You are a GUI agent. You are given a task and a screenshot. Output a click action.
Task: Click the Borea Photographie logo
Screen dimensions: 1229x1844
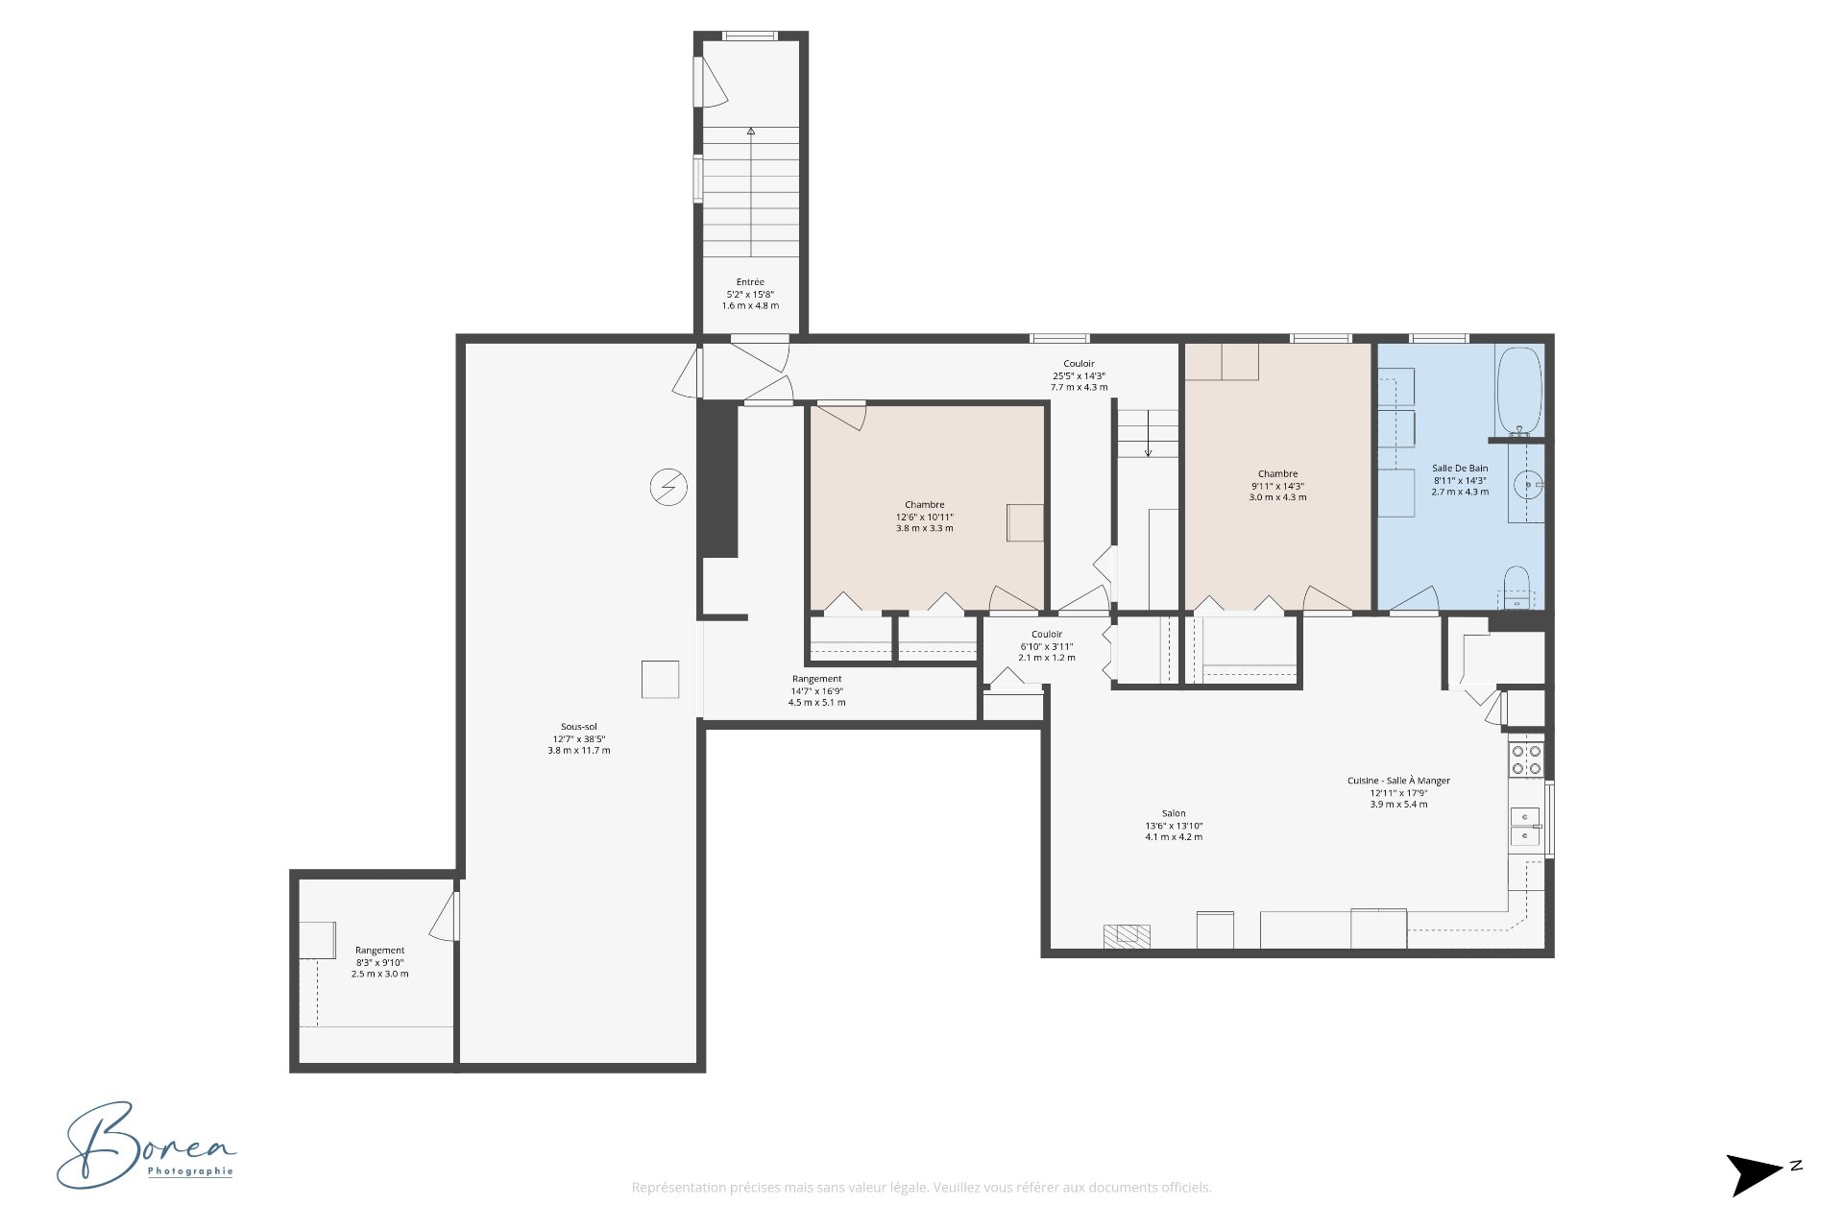point(146,1145)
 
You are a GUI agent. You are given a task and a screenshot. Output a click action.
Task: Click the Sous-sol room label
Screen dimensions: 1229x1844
point(578,738)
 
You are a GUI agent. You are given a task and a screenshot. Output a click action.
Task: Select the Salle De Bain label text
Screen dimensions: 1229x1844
point(1460,480)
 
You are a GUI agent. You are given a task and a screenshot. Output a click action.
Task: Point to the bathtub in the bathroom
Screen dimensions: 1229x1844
point(1518,391)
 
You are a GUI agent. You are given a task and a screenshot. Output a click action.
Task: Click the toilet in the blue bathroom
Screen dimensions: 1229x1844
point(1516,586)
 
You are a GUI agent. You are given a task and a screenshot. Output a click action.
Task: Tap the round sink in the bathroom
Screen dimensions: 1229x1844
point(1526,483)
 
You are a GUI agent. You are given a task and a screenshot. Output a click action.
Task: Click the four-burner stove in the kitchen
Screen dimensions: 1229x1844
point(1526,759)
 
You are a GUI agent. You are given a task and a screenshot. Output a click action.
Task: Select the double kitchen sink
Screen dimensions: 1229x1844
point(1524,827)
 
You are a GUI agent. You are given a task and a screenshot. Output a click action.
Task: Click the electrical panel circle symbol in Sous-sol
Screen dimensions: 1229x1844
point(668,488)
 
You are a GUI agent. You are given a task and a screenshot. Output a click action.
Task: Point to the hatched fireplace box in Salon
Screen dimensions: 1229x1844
point(1127,935)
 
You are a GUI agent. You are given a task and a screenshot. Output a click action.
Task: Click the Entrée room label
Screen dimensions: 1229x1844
point(750,294)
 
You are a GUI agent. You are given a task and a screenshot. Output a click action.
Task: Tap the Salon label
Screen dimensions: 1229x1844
point(1174,825)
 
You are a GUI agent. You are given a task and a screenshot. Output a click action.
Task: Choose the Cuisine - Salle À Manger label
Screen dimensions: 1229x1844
point(1398,792)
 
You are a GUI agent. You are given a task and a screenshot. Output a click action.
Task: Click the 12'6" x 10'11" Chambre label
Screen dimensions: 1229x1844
point(924,517)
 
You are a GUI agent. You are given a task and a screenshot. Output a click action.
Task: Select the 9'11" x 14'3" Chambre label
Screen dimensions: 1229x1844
point(1277,485)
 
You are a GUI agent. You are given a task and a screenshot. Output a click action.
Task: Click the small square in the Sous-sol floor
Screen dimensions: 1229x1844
point(660,679)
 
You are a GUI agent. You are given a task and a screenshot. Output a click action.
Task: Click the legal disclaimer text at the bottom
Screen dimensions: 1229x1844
point(921,1188)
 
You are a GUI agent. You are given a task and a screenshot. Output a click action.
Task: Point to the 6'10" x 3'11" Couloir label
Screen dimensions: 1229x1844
point(1047,645)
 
